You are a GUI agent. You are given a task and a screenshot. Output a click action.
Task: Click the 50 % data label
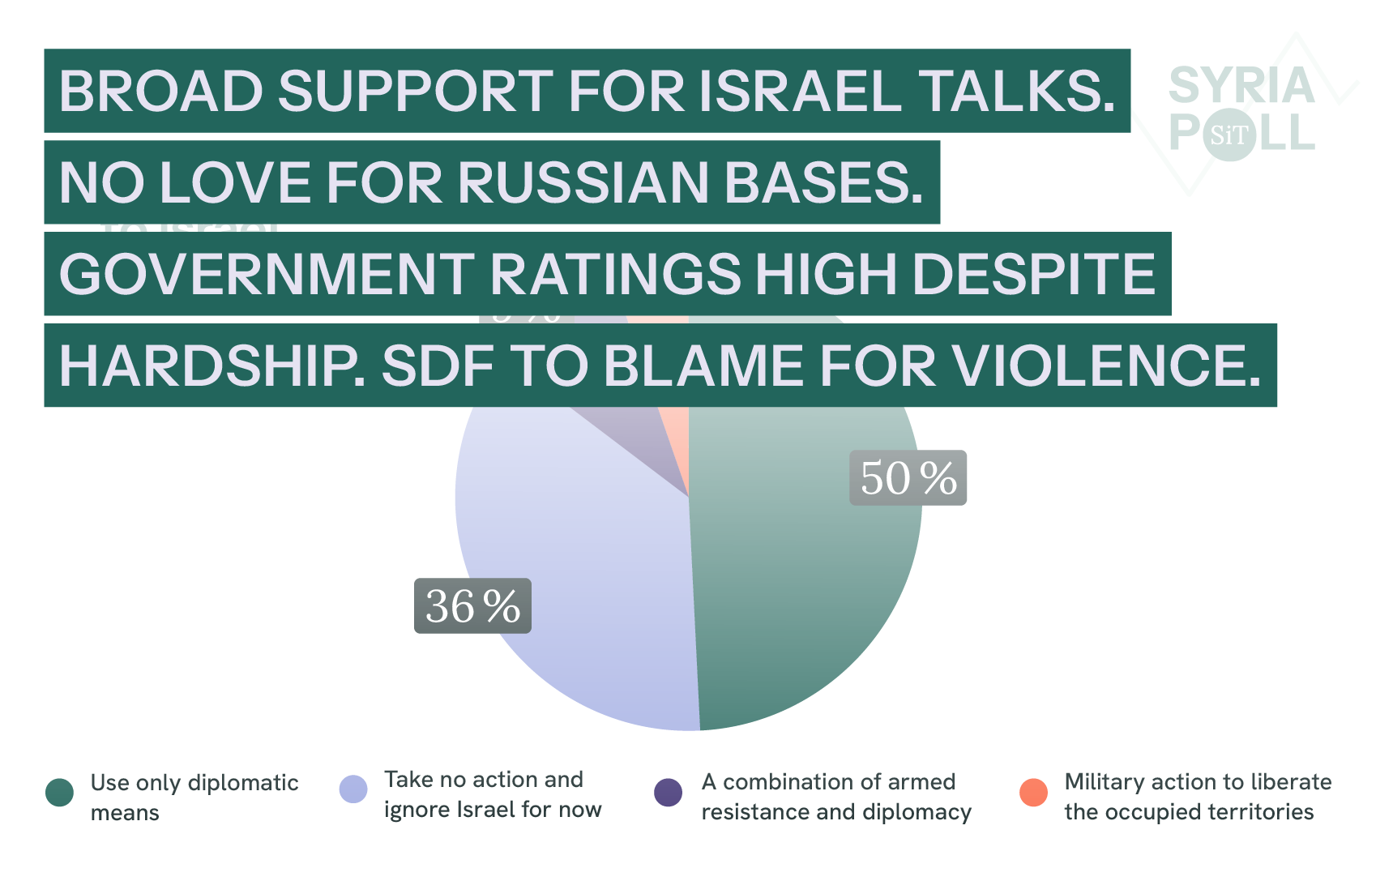[x=908, y=478]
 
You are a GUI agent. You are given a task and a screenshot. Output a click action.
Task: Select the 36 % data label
[x=472, y=606]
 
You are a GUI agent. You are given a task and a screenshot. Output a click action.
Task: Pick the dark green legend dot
[x=60, y=792]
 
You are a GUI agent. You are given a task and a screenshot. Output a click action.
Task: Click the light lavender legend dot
[x=353, y=789]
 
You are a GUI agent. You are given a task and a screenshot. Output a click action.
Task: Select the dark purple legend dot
[x=669, y=792]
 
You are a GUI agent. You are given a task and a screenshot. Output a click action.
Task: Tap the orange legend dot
[x=1033, y=792]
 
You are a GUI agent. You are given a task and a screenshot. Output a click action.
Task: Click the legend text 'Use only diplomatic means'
[x=194, y=798]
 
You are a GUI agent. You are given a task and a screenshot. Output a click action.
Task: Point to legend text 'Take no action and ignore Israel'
[x=493, y=794]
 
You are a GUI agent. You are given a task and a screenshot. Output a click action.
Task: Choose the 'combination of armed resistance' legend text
[x=836, y=797]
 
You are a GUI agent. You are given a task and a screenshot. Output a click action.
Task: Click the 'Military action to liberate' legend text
[x=1198, y=797]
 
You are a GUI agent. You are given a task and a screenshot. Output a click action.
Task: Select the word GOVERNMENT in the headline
[x=267, y=274]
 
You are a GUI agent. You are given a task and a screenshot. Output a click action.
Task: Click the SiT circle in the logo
[x=1229, y=135]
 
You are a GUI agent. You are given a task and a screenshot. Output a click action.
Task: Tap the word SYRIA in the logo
[x=1241, y=86]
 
